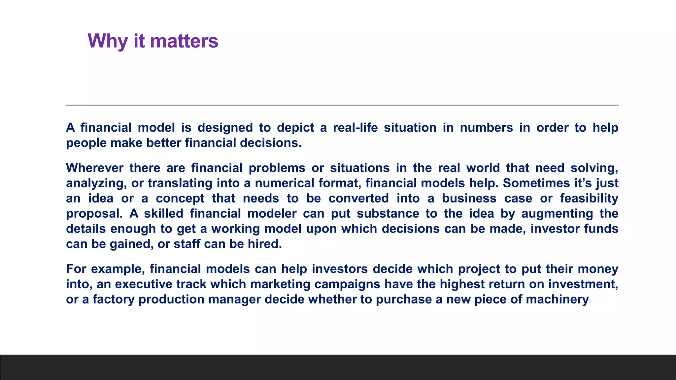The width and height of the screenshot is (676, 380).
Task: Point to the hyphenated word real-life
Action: [355, 128]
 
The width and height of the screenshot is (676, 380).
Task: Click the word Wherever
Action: [94, 168]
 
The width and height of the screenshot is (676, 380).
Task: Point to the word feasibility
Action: [589, 199]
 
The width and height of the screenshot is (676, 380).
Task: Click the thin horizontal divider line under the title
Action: [342, 105]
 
